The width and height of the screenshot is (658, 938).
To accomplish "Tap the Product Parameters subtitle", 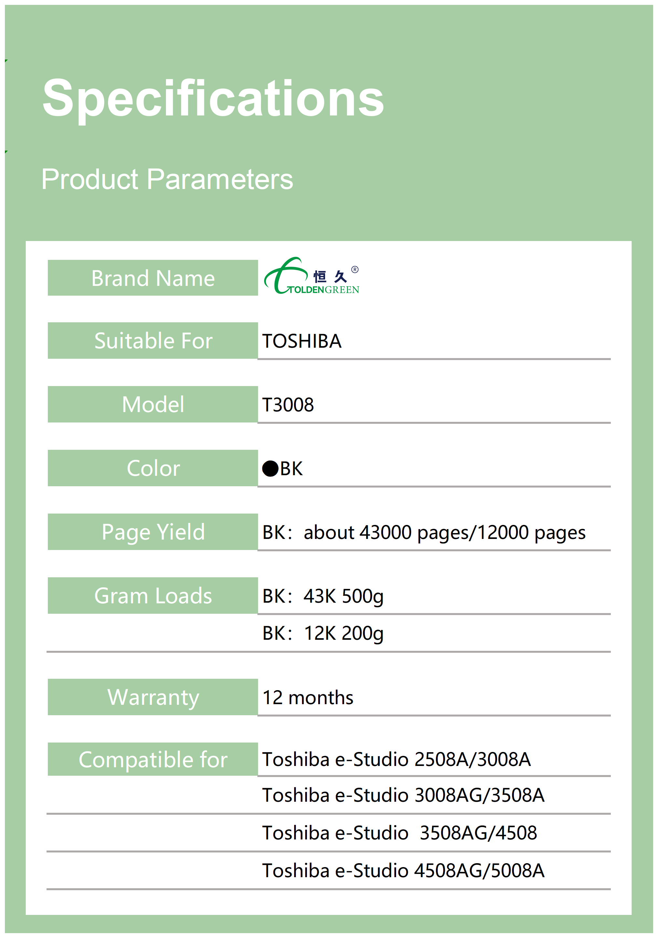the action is point(167,180).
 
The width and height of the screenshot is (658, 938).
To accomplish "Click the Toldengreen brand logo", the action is point(312,276).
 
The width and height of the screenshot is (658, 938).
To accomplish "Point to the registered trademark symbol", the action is point(355,270).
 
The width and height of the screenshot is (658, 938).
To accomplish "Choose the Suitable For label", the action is point(153,341).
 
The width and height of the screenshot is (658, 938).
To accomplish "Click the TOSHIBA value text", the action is point(302,341).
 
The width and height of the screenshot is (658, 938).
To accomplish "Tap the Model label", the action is point(153,405).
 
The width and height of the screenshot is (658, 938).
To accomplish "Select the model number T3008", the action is point(288,405).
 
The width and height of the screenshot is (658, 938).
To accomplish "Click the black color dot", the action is point(270,469).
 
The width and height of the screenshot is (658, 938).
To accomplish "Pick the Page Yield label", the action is point(153,532).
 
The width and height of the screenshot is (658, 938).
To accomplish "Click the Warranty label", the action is point(153,698).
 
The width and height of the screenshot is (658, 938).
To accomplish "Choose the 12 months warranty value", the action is point(308,698).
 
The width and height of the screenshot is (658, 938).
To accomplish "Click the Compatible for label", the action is point(153,760).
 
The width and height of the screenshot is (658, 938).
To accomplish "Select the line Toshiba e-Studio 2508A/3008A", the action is point(396,760).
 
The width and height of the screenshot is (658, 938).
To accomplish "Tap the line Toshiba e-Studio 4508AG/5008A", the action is point(404,871).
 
